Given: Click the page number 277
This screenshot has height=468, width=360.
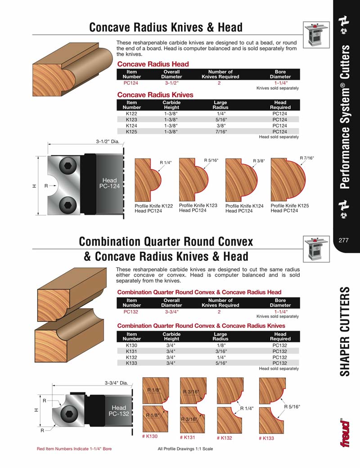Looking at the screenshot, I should (344, 240).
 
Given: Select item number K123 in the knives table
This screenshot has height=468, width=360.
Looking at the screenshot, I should (132, 120).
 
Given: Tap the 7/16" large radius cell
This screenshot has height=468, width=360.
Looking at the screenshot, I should (220, 132).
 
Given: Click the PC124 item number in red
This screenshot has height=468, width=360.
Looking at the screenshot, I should (132, 83).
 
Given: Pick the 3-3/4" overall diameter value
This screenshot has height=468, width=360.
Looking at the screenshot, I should (171, 311).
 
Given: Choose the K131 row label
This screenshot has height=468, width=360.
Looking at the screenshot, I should (132, 351).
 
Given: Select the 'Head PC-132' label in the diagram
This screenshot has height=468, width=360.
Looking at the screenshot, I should (119, 410).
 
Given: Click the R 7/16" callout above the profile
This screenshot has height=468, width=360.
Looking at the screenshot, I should (306, 158).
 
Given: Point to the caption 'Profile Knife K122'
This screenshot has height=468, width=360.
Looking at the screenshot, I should (153, 206).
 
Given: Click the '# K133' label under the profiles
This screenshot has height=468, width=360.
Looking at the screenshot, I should (266, 438).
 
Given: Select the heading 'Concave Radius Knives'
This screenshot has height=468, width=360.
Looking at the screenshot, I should (155, 95).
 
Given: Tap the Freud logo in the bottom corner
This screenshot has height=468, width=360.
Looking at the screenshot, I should (345, 432).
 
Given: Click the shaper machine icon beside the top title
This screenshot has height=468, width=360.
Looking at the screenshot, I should (314, 35).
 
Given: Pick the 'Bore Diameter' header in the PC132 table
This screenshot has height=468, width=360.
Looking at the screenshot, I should (280, 302).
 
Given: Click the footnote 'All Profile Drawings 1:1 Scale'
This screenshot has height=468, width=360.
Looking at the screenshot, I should (185, 449).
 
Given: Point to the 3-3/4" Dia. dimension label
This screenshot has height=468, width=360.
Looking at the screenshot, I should (117, 383).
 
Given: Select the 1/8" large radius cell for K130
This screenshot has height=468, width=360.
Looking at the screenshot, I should (220, 345).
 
